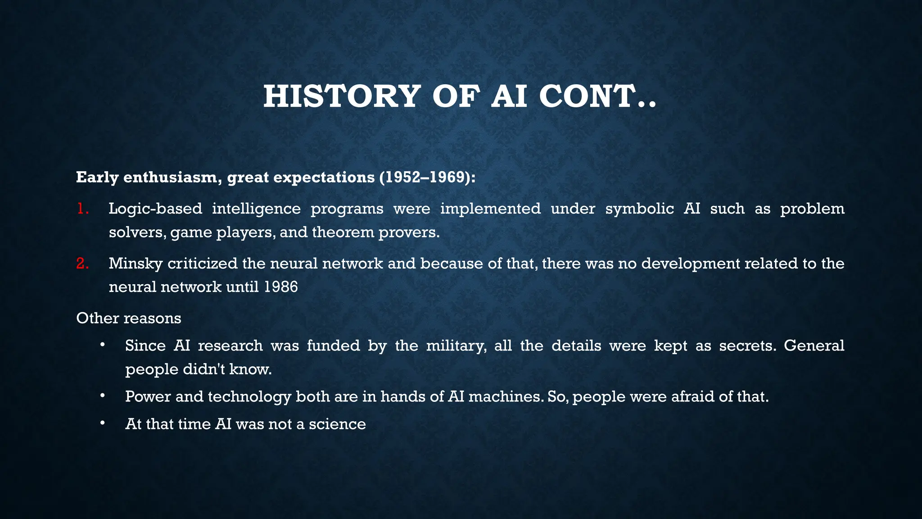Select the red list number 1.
[x=82, y=209]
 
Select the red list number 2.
[x=82, y=264]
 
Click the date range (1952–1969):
[x=427, y=178]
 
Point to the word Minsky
[x=136, y=264]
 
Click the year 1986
[x=281, y=287]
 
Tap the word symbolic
[x=639, y=209]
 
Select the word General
[x=814, y=346]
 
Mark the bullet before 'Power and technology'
[x=103, y=396]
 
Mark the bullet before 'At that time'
[x=103, y=423]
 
